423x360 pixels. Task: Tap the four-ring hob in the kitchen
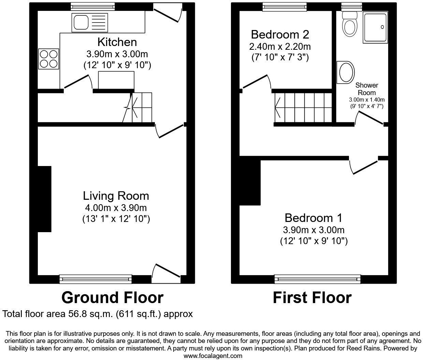point(49,59)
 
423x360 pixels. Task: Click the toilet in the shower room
point(350,24)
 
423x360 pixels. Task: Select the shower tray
point(375,27)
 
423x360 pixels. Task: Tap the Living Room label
point(116,196)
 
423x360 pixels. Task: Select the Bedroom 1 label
point(313,217)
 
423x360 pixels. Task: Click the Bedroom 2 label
point(280,34)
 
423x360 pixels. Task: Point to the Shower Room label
point(367,89)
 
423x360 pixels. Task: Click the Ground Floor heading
point(112,298)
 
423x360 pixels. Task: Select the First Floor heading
point(312,298)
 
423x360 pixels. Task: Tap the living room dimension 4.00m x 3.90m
point(116,207)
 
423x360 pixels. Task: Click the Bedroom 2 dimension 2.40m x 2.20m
point(280,46)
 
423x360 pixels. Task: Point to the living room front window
point(96,279)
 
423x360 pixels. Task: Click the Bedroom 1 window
point(318,279)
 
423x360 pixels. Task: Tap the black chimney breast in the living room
point(44,199)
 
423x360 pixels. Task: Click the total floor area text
point(98,314)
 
